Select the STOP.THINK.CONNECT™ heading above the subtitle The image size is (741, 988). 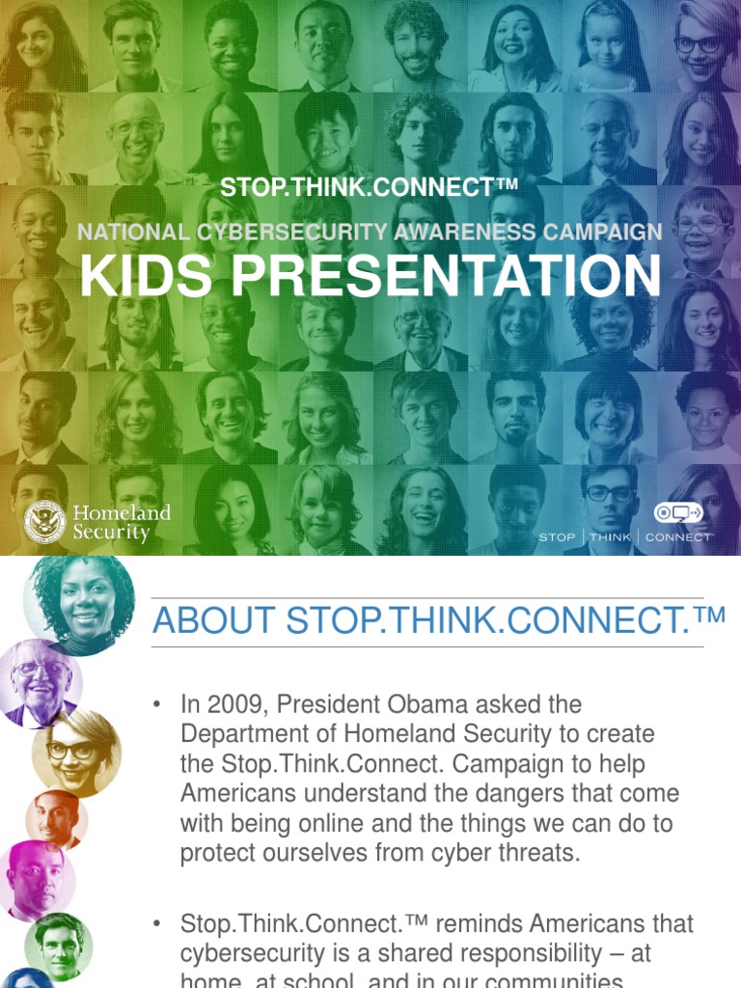(370, 187)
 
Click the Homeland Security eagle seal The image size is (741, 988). (45, 521)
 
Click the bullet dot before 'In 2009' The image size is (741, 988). (156, 704)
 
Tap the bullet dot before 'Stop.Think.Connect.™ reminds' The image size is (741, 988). (156, 924)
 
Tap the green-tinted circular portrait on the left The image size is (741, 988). (58, 945)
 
